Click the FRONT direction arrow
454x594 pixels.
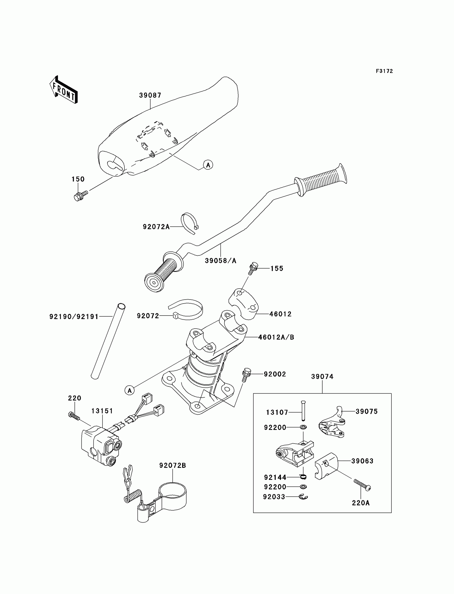coord(64,90)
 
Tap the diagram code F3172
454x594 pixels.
coord(384,71)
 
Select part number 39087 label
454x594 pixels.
coord(150,95)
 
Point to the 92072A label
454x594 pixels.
coord(156,227)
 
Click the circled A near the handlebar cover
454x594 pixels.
coord(208,165)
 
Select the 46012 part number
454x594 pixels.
coord(280,314)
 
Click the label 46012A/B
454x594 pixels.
coord(276,337)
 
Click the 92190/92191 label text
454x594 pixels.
coord(74,317)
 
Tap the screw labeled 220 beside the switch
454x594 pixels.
coord(74,417)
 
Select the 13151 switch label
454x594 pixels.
coord(102,411)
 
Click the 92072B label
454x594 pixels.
coord(173,465)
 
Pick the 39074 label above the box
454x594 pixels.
coord(322,376)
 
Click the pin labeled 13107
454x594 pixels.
coord(303,411)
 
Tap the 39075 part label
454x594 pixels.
coord(366,411)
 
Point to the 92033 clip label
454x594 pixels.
coord(274,497)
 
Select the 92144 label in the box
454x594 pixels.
coord(275,477)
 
